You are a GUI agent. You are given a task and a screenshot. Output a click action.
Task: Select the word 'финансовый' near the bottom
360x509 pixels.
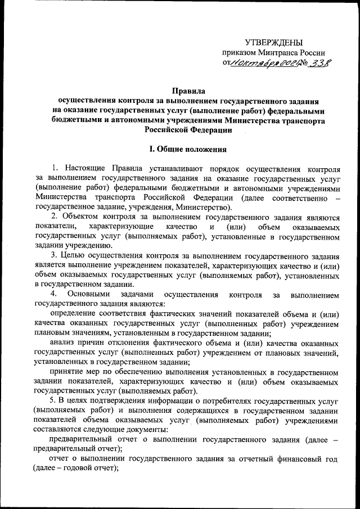tap(293, 459)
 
